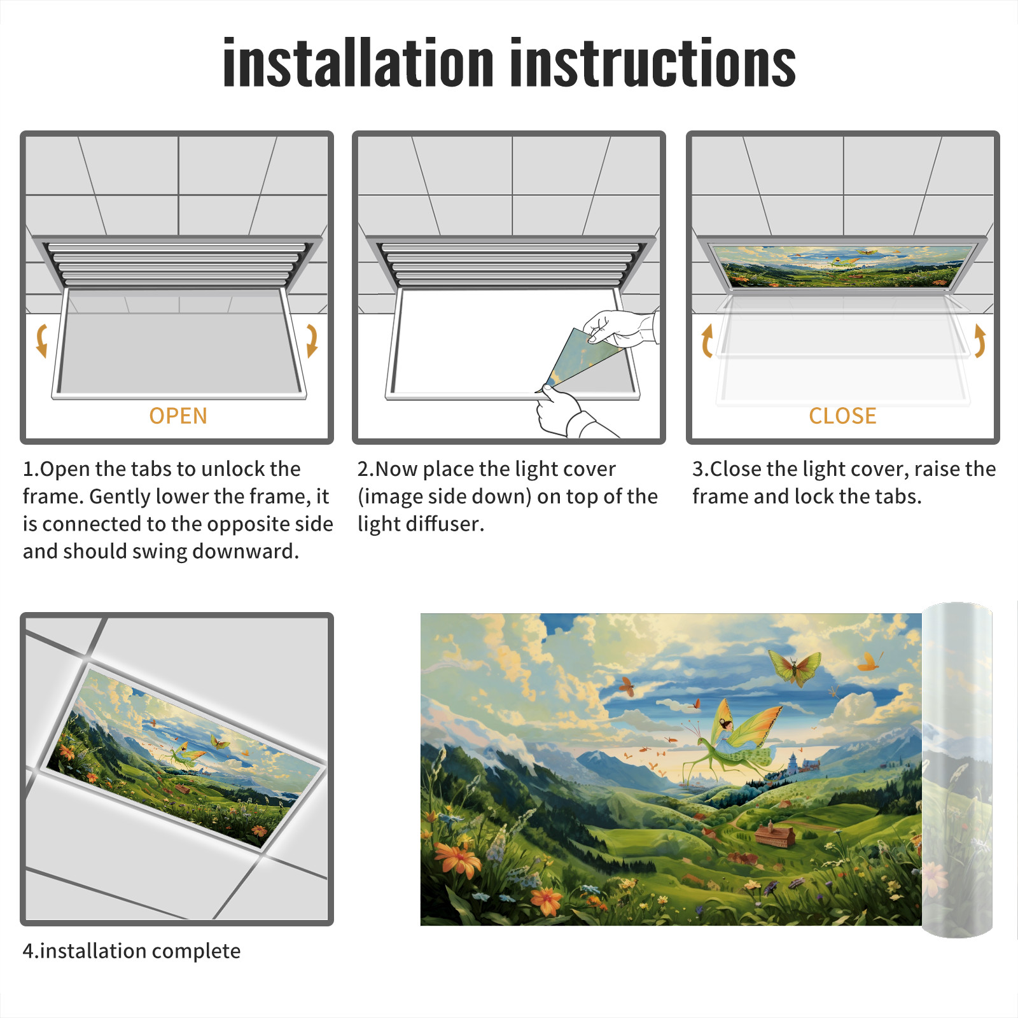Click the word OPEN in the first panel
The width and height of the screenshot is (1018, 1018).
tap(178, 415)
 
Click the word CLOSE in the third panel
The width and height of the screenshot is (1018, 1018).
tap(842, 415)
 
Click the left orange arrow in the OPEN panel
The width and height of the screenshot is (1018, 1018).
tap(41, 340)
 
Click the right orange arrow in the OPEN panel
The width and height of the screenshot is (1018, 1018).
tap(312, 340)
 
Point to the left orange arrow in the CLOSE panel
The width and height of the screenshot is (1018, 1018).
tap(707, 340)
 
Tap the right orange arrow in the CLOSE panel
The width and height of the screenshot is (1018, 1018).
tap(980, 340)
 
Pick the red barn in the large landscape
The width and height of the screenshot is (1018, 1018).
tap(775, 834)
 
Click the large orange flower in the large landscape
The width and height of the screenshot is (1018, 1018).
tap(458, 857)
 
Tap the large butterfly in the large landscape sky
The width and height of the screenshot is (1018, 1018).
tap(794, 667)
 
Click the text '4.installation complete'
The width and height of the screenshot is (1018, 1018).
tap(132, 951)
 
